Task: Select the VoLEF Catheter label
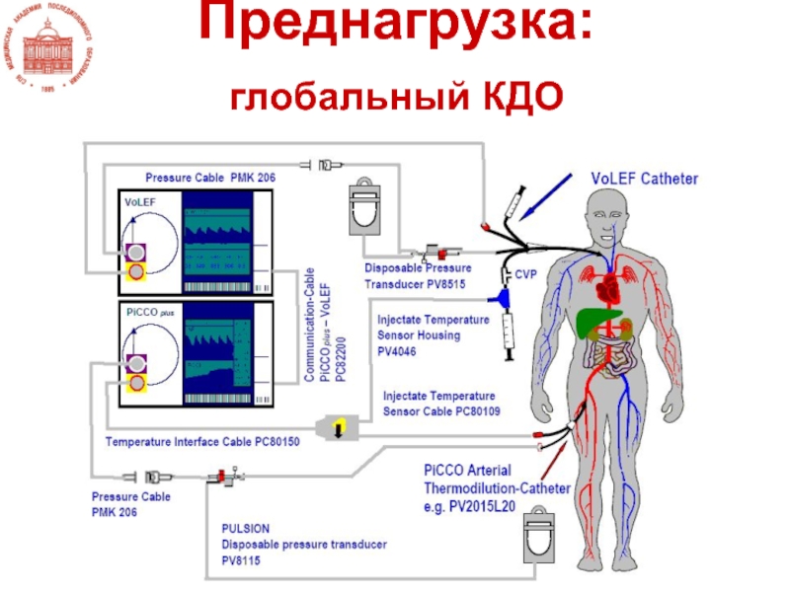(x=644, y=180)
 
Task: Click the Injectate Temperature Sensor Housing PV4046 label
(x=433, y=333)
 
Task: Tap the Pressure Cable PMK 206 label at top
(x=210, y=178)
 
